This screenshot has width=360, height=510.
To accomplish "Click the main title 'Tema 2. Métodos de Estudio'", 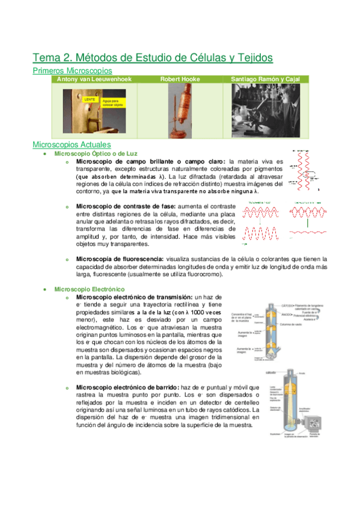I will pyautogui.click(x=153, y=58).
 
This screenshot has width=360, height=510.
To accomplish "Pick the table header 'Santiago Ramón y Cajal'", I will pyautogui.click(x=266, y=79).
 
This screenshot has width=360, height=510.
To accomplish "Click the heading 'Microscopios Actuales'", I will pyautogui.click(x=72, y=145).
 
